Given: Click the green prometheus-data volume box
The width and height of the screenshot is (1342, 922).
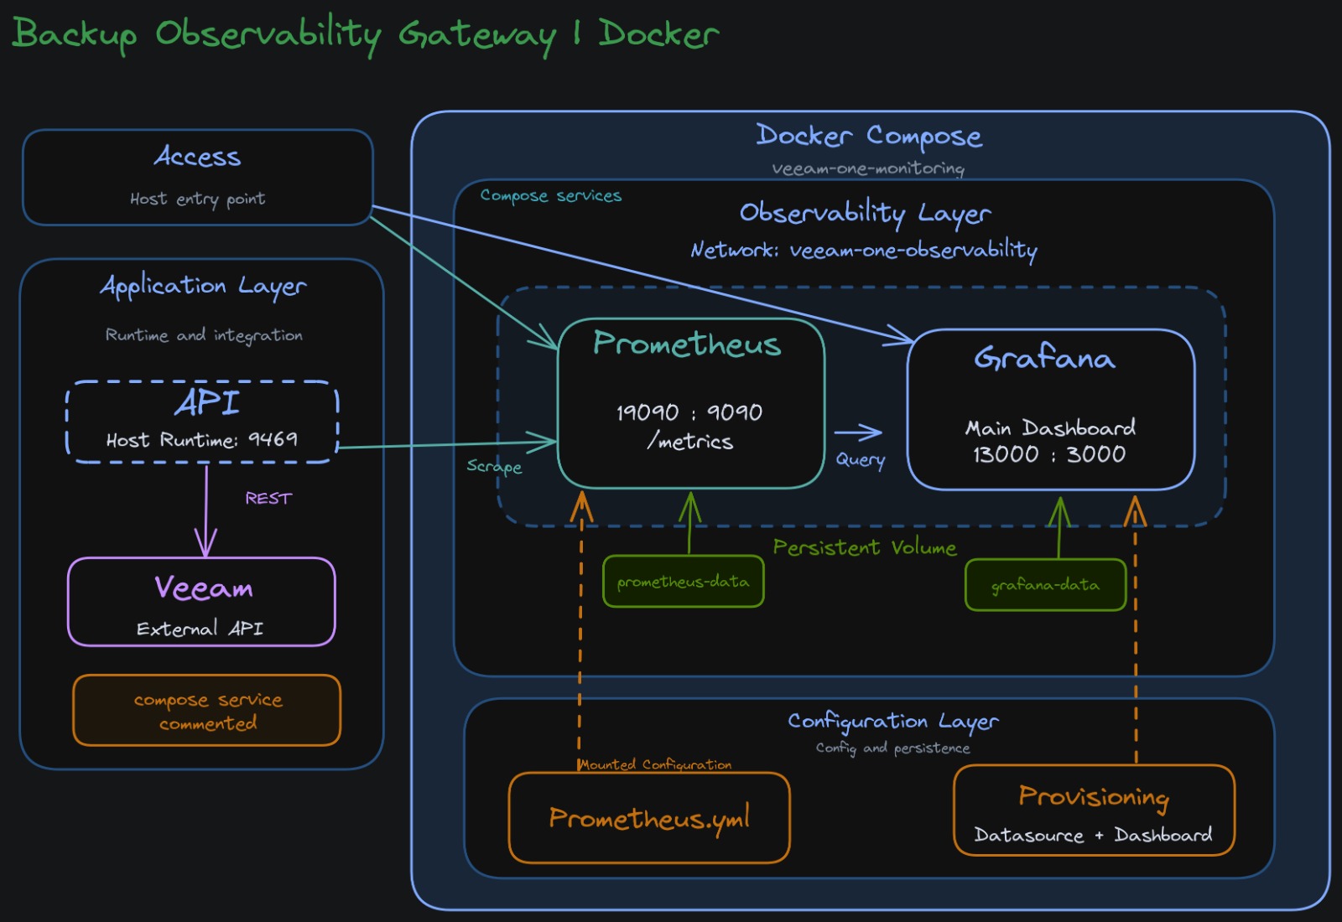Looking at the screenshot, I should tap(683, 581).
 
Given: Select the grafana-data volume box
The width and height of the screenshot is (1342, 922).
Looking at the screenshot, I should tap(1045, 584).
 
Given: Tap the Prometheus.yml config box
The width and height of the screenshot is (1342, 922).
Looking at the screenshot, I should tap(649, 817).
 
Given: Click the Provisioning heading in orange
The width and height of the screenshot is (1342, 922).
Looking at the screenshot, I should tap(1094, 795).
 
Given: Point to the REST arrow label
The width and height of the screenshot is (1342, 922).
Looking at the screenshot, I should tap(268, 498).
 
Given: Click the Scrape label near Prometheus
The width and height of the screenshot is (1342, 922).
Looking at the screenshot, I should tap(494, 466).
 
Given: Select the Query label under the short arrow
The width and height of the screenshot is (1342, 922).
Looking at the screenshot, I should tap(860, 459).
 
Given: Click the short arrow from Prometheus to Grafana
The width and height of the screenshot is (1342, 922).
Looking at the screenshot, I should tap(857, 433).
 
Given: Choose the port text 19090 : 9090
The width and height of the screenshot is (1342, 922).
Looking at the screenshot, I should tap(689, 412).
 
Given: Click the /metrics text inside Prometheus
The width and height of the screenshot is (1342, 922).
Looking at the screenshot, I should tap(689, 441).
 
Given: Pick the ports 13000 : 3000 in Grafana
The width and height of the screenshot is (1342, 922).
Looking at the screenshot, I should tap(1049, 454).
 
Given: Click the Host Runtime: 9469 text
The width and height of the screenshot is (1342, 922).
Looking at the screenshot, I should tap(201, 439).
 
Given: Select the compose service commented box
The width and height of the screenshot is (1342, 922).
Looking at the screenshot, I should tap(207, 710).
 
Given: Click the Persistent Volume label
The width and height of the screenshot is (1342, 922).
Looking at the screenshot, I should tap(864, 547).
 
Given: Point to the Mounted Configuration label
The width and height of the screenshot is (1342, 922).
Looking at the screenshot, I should tap(655, 764).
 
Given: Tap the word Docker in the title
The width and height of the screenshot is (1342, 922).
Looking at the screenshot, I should tap(658, 34).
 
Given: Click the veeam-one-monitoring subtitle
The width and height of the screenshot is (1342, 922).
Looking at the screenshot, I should tap(868, 168).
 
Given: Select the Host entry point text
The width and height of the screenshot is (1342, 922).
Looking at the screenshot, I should tap(197, 199).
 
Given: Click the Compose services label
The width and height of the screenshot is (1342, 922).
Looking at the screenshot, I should tap(550, 195).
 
